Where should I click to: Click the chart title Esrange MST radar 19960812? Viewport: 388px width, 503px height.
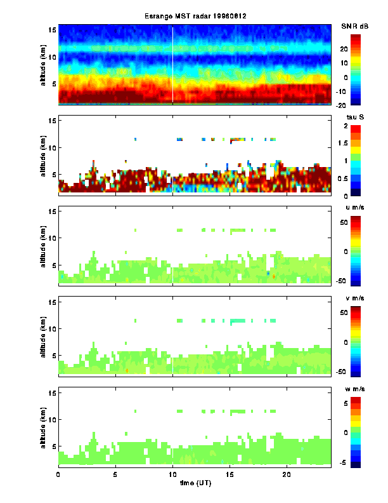click(194, 17)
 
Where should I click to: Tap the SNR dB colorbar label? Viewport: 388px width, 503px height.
click(356, 26)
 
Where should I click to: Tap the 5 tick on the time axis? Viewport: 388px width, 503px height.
click(115, 474)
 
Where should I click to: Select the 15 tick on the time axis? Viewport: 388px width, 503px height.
click(230, 474)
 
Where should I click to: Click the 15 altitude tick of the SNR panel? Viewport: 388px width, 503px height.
click(53, 30)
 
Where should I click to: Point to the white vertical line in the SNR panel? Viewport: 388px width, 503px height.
click(173, 64)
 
